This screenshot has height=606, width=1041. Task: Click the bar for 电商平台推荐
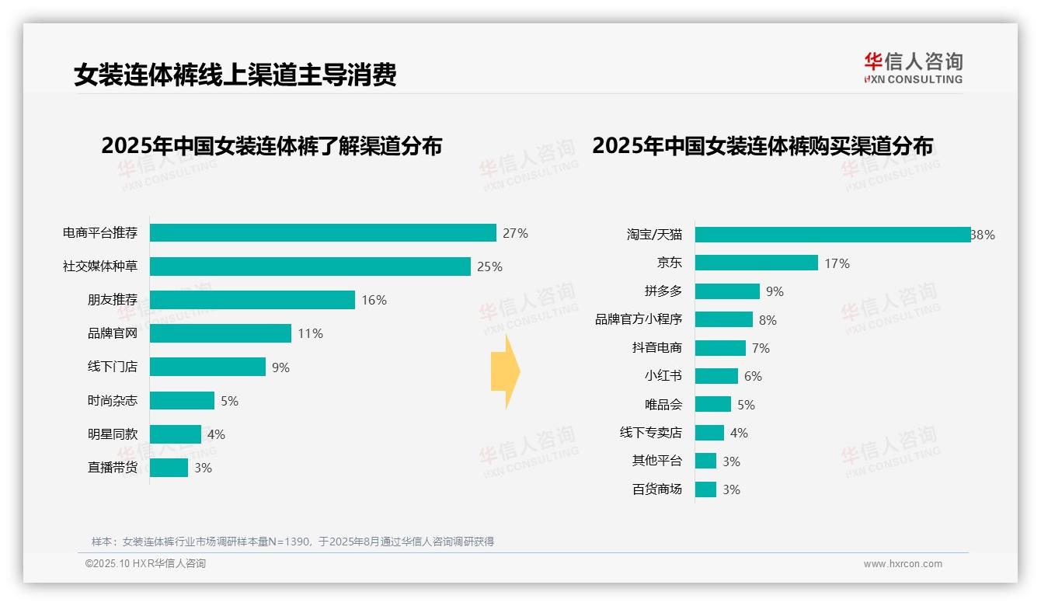[322, 233]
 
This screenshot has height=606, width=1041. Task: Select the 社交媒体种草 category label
[100, 266]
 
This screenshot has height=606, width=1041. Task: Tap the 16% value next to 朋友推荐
[374, 300]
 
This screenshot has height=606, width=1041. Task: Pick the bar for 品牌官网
[220, 333]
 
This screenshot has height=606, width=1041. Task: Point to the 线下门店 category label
[112, 367]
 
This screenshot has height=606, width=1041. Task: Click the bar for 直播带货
[169, 468]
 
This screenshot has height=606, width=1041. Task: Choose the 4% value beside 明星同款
[216, 434]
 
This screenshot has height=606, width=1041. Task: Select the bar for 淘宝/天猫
[832, 235]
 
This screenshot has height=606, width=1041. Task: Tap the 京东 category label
[669, 263]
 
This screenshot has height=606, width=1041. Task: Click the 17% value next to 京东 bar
[837, 263]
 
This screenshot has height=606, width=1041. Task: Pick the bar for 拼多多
[727, 291]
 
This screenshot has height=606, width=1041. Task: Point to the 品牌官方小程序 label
[639, 319]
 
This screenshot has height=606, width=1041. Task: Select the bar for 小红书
[716, 376]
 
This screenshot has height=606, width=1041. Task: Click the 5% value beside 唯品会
[746, 405]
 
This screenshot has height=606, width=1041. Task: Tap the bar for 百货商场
[705, 489]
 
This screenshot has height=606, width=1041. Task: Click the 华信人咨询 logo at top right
[913, 68]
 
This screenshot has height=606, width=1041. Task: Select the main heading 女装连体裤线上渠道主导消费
[235, 75]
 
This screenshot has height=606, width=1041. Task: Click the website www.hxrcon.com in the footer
[903, 564]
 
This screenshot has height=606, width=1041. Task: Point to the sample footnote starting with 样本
[293, 542]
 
